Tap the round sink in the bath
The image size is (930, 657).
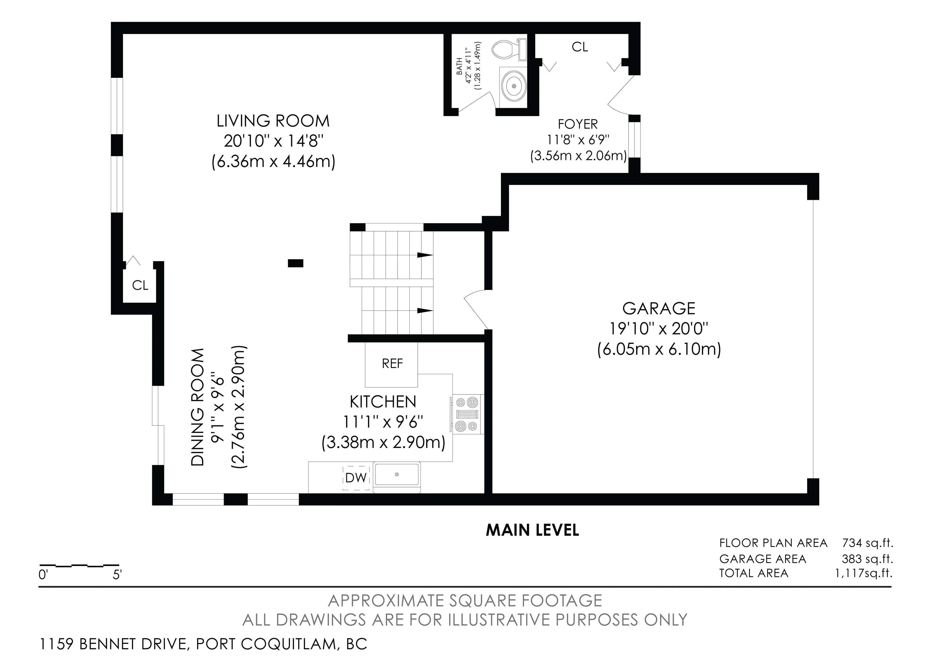tap(514, 86)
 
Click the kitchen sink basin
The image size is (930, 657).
tap(397, 475)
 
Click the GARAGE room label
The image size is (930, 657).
tap(659, 309)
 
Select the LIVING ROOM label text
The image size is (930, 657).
tap(273, 121)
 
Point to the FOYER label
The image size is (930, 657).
tap(578, 124)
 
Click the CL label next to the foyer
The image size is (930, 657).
tap(580, 48)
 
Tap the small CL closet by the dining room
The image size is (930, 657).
tap(140, 286)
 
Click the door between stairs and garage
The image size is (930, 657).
tap(476, 310)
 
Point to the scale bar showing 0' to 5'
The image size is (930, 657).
tap(79, 565)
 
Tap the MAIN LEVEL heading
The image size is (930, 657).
tap(532, 530)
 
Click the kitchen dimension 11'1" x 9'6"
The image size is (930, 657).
tap(383, 422)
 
